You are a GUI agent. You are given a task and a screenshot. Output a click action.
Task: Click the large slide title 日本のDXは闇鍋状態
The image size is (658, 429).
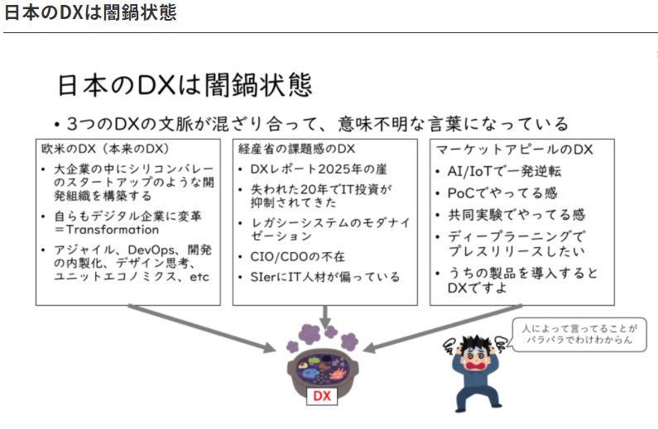point(184,86)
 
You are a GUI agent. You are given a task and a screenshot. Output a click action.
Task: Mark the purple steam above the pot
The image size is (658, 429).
point(320,334)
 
